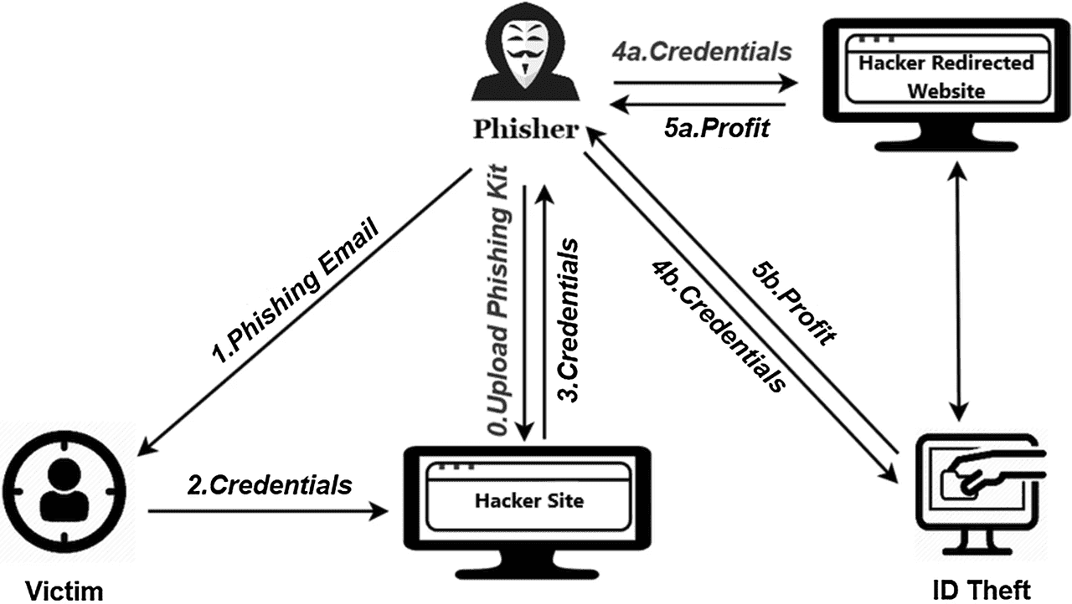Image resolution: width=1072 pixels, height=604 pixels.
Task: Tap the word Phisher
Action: pyautogui.click(x=525, y=130)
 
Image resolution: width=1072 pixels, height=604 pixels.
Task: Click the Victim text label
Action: pyautogui.click(x=63, y=591)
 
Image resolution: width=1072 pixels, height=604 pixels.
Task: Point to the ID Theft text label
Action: pyautogui.click(x=982, y=591)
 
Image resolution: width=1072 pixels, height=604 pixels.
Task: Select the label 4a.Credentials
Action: pyautogui.click(x=701, y=52)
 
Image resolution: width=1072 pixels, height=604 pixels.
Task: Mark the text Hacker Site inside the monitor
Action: pyautogui.click(x=528, y=501)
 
